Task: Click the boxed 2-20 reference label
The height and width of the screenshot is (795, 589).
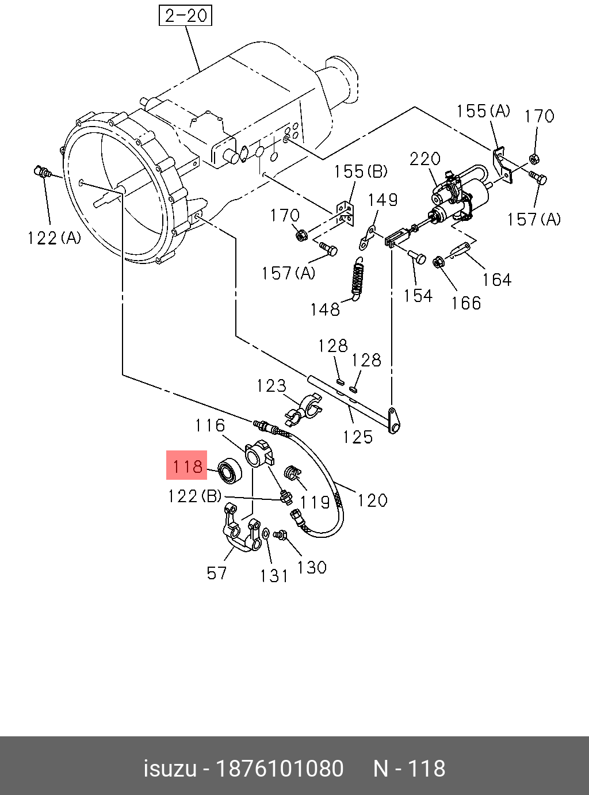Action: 185,16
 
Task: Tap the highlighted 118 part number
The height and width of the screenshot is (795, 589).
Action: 187,465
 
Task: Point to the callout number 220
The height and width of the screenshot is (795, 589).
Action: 425,159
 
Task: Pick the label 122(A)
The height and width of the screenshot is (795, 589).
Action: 54,238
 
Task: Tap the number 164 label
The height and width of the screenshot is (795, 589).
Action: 496,280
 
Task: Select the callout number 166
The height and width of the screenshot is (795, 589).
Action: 466,303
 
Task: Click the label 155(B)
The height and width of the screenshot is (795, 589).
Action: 361,171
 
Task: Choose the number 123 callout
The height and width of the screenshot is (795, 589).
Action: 271,385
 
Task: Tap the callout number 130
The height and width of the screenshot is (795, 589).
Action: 312,567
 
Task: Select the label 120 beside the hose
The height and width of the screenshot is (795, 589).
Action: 372,500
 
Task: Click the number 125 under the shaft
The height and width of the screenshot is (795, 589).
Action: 358,437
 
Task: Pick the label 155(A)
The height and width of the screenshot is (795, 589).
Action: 483,111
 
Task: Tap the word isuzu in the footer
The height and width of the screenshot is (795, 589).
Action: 169,769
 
